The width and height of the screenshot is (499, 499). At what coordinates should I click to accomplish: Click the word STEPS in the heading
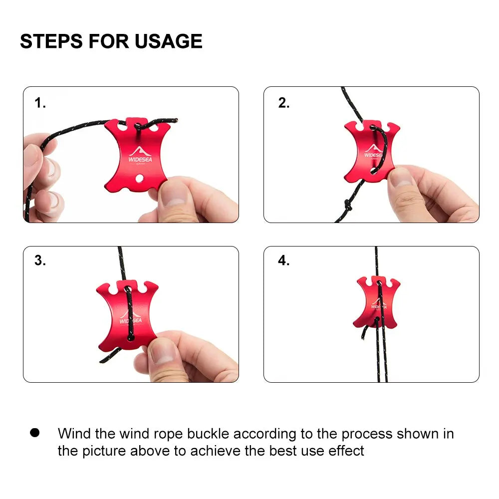51,41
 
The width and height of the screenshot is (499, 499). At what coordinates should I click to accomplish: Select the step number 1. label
40,103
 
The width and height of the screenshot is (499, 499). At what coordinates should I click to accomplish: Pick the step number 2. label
284,103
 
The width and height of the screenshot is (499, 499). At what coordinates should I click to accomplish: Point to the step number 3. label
40,260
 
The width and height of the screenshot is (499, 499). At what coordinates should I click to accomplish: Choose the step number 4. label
284,260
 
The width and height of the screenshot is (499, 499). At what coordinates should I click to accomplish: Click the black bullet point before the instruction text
35,433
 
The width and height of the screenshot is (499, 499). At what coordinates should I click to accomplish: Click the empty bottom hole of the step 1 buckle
139,178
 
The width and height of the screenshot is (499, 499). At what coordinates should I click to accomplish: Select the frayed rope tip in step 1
175,120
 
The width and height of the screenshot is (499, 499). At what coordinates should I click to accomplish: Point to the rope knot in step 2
348,205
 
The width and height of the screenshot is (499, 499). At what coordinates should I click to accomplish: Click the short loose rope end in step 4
364,332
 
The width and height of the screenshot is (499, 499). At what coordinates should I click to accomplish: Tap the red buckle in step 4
377,302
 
